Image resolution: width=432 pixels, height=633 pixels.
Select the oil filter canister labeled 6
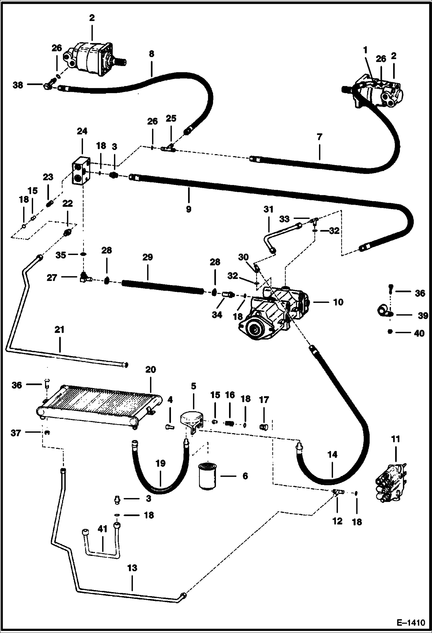[207, 475]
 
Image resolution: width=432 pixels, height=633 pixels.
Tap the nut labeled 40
[390, 332]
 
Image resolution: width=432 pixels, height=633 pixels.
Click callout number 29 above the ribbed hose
[147, 257]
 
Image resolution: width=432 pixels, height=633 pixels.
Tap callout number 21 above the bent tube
[59, 329]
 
